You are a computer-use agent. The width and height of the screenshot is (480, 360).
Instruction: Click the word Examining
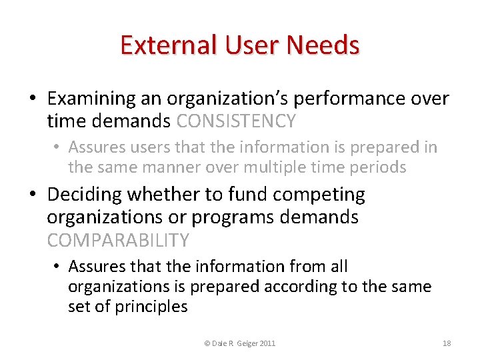91,99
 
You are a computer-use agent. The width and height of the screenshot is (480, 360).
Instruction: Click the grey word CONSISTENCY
236,121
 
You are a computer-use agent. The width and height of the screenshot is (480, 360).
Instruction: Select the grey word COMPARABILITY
118,240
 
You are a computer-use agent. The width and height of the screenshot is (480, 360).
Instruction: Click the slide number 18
447,343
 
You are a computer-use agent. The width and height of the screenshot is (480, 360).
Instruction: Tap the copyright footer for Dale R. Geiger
239,343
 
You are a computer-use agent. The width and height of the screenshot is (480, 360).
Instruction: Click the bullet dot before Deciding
33,195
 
